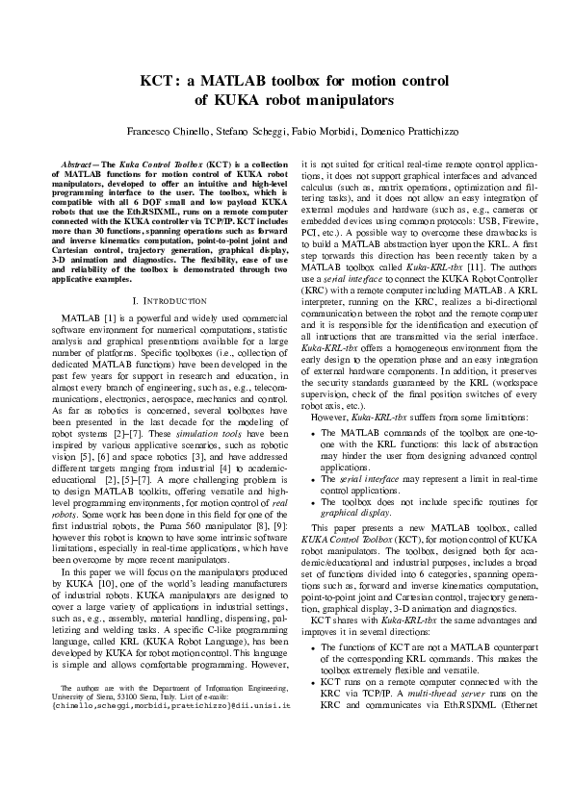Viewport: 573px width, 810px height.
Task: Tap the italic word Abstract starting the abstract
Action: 80,166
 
